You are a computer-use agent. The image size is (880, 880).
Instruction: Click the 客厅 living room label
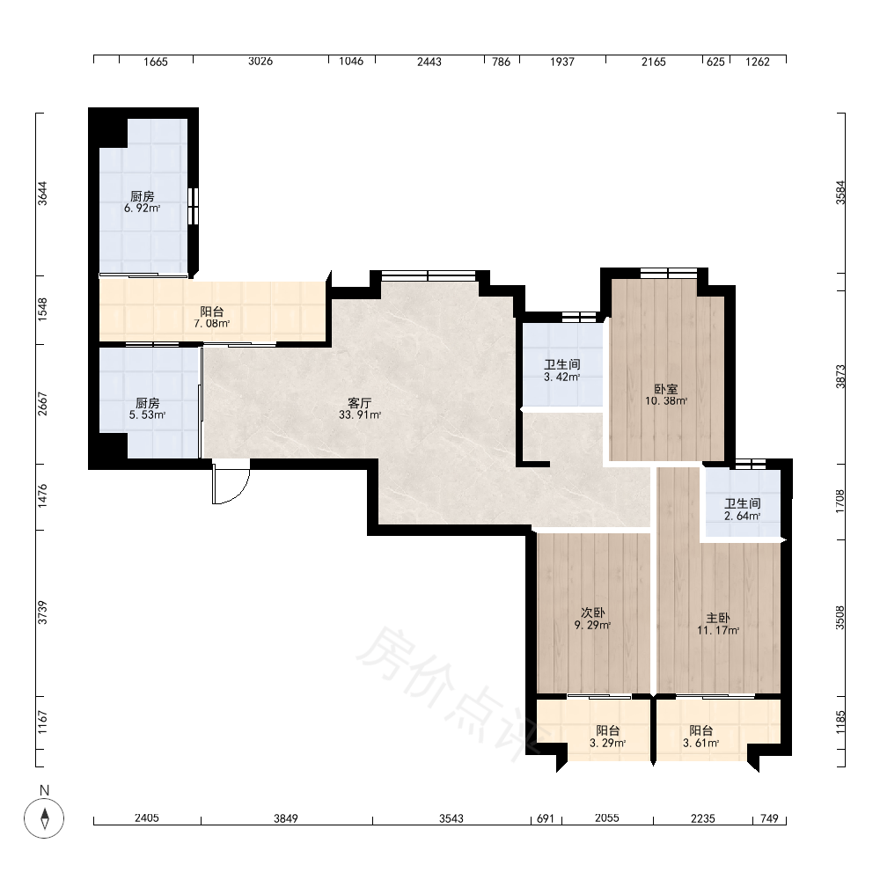(360, 403)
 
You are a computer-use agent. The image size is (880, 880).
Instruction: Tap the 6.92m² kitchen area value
(143, 209)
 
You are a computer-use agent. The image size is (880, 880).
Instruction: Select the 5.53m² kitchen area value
(147, 415)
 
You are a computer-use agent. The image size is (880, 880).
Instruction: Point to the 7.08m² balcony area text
(211, 324)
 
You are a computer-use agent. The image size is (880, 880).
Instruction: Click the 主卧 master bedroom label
(718, 618)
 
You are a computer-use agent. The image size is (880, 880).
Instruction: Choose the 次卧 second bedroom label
(592, 612)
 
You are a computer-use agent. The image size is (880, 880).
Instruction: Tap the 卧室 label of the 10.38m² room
(666, 389)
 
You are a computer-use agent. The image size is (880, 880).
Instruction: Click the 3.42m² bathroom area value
(561, 378)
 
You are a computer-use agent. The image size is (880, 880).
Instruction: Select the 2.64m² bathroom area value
(743, 517)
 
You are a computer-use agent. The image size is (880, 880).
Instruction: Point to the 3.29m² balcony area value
(608, 744)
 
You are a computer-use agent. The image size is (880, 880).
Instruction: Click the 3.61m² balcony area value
(701, 744)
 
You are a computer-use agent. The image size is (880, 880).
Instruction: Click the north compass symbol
(44, 818)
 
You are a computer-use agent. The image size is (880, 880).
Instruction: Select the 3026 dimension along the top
(260, 62)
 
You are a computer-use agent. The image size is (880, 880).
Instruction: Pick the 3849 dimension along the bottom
(286, 818)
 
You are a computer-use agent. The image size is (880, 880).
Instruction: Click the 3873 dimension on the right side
(840, 376)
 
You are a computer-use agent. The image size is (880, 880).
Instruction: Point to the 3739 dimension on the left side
(42, 612)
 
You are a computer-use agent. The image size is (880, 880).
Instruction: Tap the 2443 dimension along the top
(429, 62)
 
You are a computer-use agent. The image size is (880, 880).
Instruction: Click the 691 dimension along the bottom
(546, 818)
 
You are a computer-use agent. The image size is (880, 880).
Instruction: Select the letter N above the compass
(44, 791)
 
